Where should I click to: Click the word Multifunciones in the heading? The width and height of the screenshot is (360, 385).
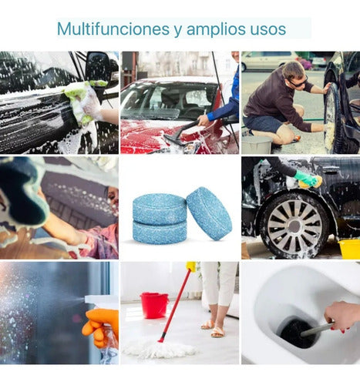click(x=113, y=28)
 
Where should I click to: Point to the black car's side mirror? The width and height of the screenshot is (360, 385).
click(x=98, y=67)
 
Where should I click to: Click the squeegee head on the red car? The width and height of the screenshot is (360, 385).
click(x=175, y=139)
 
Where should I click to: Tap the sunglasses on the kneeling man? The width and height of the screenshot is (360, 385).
click(x=298, y=82)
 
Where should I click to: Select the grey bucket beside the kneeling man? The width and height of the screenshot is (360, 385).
click(x=257, y=145)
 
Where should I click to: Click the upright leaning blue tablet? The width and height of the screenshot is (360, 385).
click(x=209, y=213)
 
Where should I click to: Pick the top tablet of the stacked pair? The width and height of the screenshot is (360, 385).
click(x=160, y=209)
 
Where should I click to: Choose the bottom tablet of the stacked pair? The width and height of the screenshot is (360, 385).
click(x=160, y=232)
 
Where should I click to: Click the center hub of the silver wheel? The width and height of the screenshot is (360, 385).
click(x=294, y=226)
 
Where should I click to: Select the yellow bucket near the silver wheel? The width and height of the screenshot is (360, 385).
click(x=350, y=249)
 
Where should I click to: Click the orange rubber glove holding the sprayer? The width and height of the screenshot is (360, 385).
click(x=101, y=328)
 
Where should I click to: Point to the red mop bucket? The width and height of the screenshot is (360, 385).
click(x=154, y=306)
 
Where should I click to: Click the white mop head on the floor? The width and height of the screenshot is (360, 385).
click(x=159, y=349)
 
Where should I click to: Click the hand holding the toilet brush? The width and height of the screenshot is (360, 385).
click(x=341, y=316)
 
